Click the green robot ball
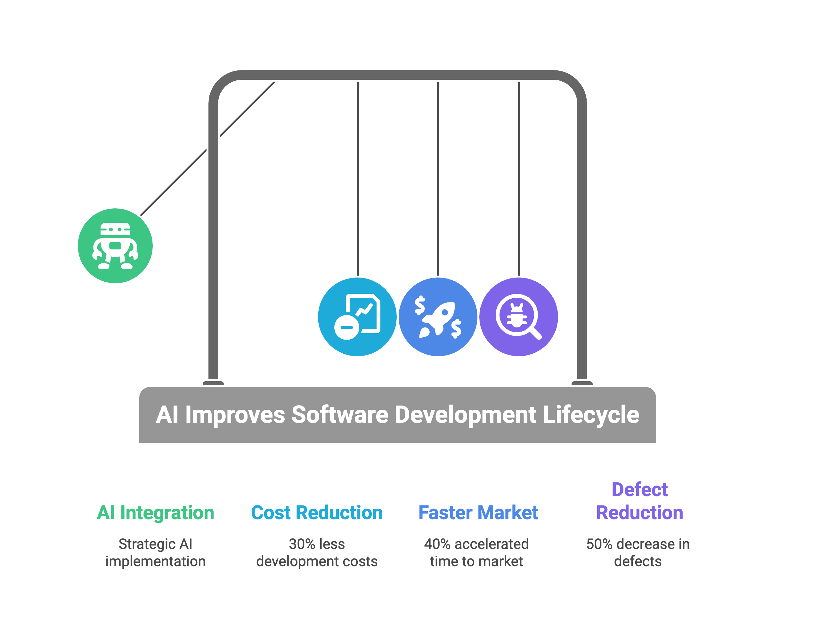pyautogui.click(x=115, y=246)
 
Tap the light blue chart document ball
pyautogui.click(x=357, y=317)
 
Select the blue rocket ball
pyautogui.click(x=438, y=317)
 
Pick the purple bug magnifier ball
pyautogui.click(x=519, y=317)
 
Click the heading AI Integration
pyautogui.click(x=155, y=512)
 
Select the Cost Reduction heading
pyautogui.click(x=317, y=512)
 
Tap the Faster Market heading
pyautogui.click(x=478, y=512)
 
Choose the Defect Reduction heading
pyautogui.click(x=639, y=501)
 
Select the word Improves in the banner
pyautogui.click(x=235, y=415)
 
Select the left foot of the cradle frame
pyautogui.click(x=213, y=383)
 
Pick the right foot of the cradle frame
pyautogui.click(x=582, y=383)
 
